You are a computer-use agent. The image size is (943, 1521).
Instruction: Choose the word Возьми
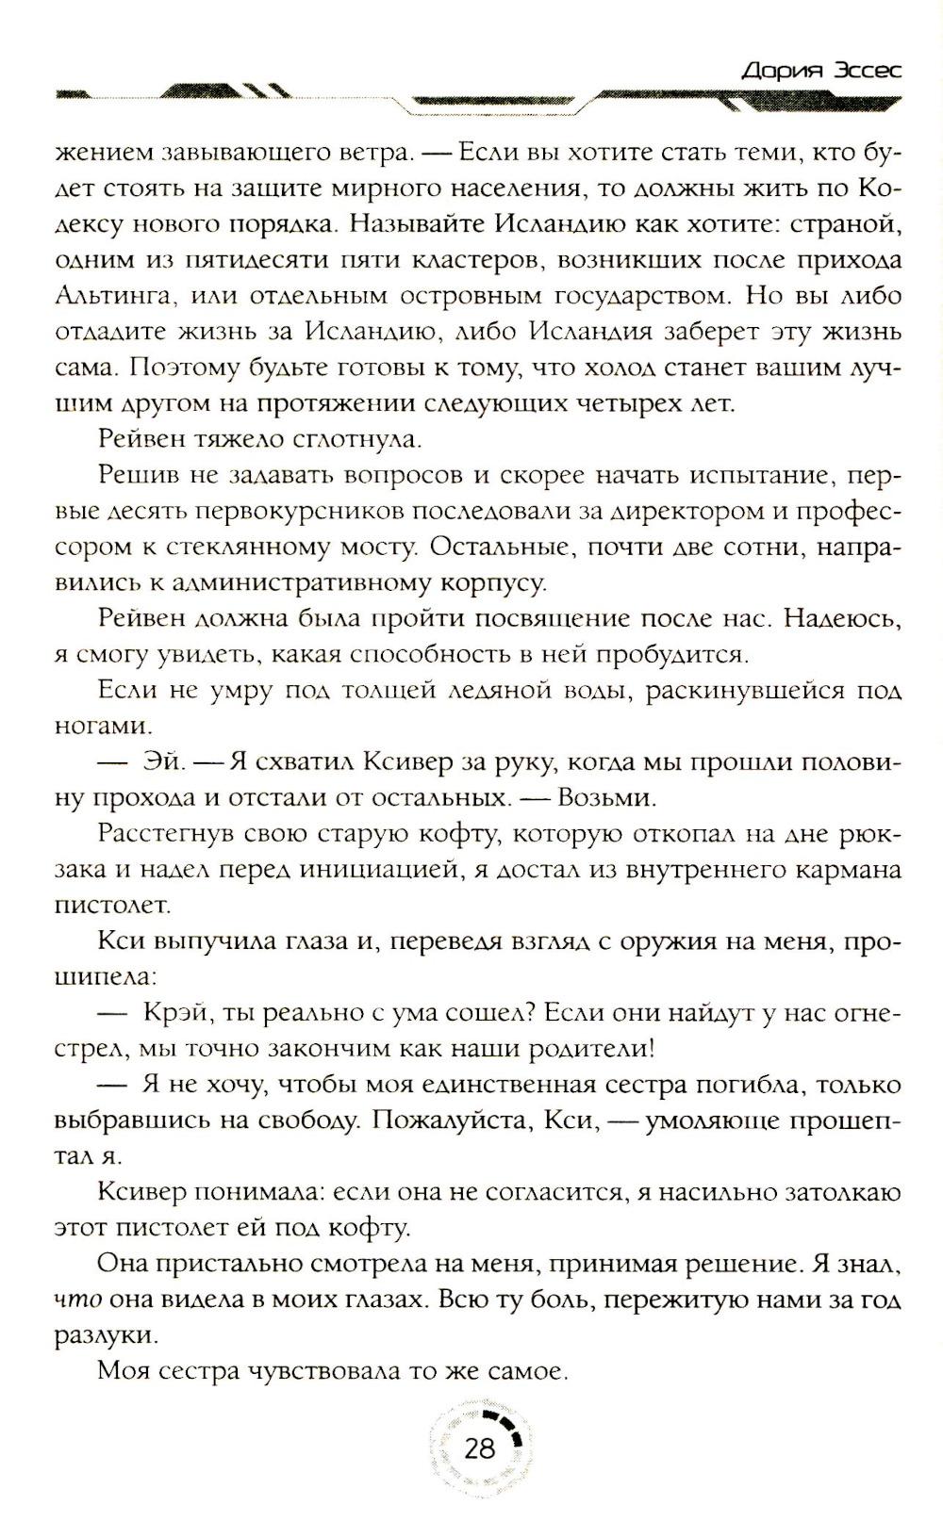606,798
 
